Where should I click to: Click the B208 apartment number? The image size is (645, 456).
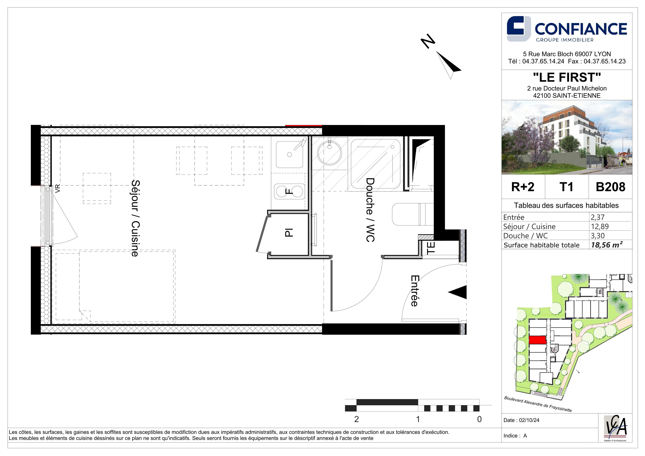click(610, 187)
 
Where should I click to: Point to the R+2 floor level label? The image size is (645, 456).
click(523, 187)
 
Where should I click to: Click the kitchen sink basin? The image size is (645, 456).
click(289, 154)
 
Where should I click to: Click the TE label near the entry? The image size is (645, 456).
click(431, 248)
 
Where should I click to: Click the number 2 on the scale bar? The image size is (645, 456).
click(356, 419)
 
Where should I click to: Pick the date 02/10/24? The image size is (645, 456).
click(529, 420)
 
